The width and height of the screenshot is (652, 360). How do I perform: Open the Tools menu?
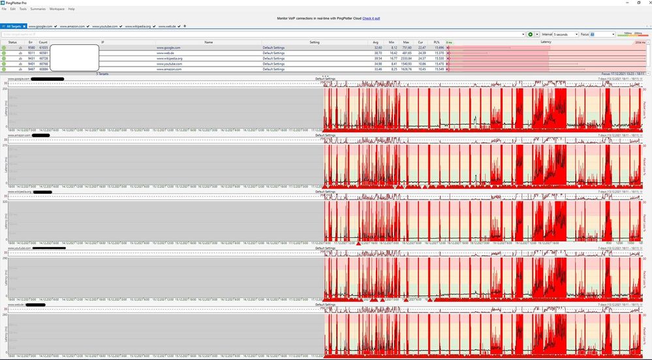[23, 9]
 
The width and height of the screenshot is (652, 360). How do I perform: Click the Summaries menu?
[38, 9]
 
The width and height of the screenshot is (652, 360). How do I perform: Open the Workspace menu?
[57, 9]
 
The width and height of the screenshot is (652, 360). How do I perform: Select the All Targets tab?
[13, 26]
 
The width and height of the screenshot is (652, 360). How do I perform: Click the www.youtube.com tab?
[104, 26]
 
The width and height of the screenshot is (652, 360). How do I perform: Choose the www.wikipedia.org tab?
[137, 26]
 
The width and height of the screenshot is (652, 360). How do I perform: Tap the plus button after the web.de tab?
[185, 26]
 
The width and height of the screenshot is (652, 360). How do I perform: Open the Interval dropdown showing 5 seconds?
[565, 34]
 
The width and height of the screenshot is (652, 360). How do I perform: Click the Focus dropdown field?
[602, 34]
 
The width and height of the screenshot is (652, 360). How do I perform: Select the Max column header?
[406, 42]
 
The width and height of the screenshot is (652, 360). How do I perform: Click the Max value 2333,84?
[406, 58]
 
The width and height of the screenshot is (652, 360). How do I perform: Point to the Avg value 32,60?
[378, 48]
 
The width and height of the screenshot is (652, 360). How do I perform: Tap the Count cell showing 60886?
[43, 68]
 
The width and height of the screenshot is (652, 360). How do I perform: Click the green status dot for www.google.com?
[4, 48]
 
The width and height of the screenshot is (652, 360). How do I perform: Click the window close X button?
[646, 3]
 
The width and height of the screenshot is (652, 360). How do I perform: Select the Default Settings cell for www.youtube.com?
[273, 63]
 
